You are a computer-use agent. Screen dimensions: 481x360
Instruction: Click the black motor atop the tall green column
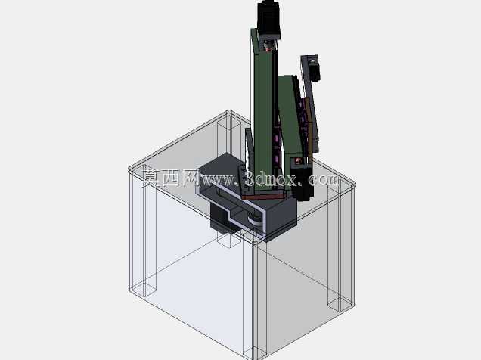[268, 19]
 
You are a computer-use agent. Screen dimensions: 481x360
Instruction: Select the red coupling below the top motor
[268, 45]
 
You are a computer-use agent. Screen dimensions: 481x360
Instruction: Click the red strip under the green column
[265, 197]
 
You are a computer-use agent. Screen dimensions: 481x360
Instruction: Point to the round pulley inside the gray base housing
[254, 219]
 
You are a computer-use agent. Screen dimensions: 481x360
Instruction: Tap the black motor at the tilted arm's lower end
[301, 178]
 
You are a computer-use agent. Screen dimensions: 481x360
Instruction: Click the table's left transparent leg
[143, 233]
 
